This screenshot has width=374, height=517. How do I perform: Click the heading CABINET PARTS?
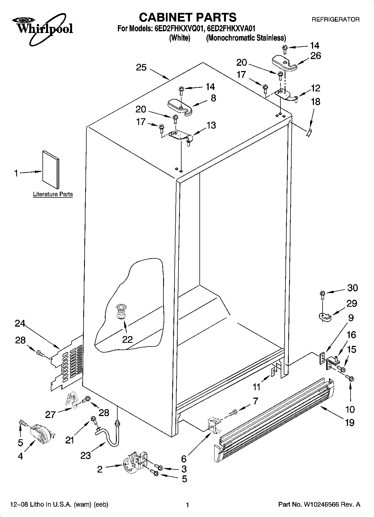click(187, 17)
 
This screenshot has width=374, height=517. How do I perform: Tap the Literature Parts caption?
click(53, 194)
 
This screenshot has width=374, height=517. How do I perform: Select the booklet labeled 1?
click(51, 170)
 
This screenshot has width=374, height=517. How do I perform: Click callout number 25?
click(141, 67)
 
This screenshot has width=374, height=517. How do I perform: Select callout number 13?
click(211, 125)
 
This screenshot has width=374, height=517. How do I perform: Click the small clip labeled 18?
click(309, 133)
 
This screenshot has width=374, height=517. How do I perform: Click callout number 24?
click(20, 324)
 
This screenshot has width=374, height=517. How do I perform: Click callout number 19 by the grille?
click(350, 422)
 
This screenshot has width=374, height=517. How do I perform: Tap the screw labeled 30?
click(322, 294)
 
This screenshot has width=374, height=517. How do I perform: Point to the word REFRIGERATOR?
click(335, 20)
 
